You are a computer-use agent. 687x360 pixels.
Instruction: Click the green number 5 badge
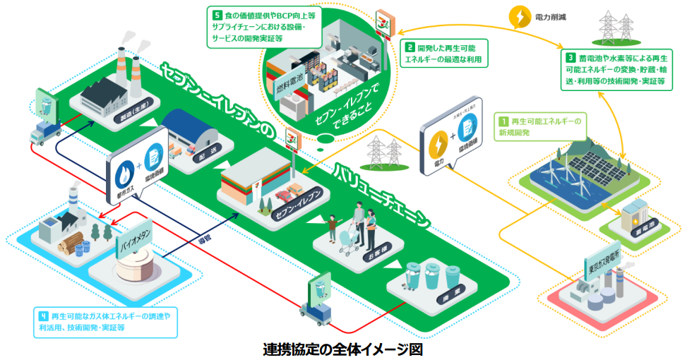click(215, 13)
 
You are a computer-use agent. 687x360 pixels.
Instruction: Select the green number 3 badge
click(570, 56)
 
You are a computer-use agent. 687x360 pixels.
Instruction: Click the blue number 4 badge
click(42, 315)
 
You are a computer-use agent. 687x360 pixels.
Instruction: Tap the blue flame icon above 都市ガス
click(124, 174)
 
